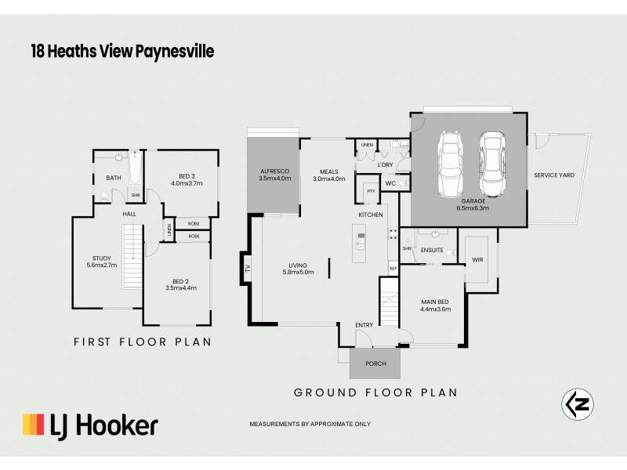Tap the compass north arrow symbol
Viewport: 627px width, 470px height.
[x=578, y=403]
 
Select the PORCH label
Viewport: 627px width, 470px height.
[x=375, y=363]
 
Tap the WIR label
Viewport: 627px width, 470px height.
[x=477, y=260]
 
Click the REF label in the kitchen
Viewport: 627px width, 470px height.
[x=393, y=269]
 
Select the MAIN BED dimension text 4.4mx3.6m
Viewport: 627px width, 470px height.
[x=436, y=309]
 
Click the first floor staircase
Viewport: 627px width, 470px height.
[x=132, y=255]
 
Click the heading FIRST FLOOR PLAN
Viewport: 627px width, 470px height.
[x=142, y=342]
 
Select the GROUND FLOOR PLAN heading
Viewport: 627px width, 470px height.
[x=375, y=392]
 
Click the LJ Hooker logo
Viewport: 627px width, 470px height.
[x=90, y=425]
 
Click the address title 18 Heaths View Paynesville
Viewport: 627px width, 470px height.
[x=121, y=52]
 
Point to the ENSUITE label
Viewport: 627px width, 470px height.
[x=432, y=251]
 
